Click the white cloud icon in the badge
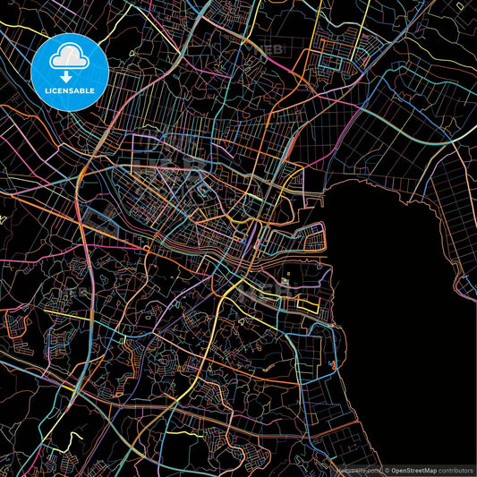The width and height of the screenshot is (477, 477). (69, 58)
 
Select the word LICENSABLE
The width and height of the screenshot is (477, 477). (69, 89)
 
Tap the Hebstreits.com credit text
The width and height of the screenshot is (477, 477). (356, 469)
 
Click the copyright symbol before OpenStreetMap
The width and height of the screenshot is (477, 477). (387, 469)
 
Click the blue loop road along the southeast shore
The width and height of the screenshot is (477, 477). (336, 345)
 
